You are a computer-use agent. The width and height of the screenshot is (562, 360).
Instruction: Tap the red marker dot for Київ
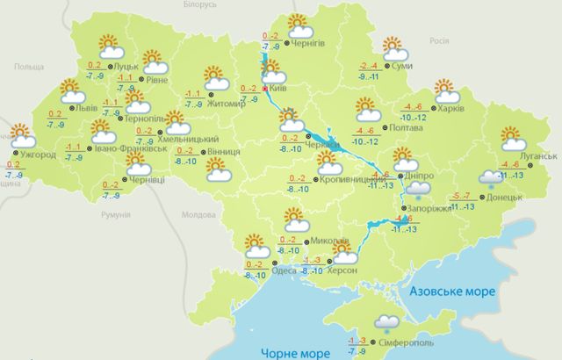pyautogui.click(x=266, y=89)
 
